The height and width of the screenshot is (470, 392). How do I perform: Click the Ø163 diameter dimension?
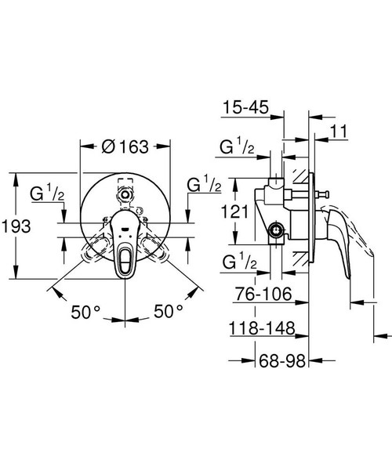coord(125,146)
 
